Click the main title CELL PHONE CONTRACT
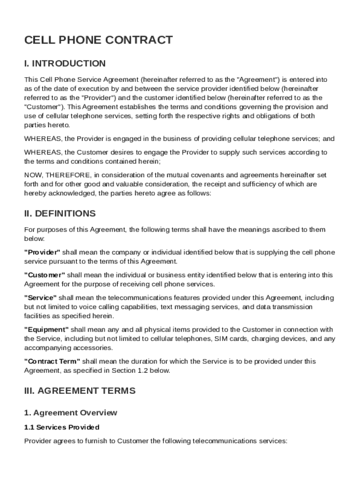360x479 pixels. (98, 40)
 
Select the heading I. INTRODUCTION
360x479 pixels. (65, 64)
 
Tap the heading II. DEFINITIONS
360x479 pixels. (60, 214)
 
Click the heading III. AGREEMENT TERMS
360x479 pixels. (80, 391)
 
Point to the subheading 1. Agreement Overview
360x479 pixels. (71, 413)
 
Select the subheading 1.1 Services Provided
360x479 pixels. (62, 427)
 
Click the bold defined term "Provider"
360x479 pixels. (43, 253)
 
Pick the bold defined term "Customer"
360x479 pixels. (44, 275)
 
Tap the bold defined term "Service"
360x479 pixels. (40, 298)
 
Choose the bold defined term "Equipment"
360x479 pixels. (46, 329)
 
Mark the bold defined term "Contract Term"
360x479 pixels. (52, 361)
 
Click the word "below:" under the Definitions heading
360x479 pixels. (34, 239)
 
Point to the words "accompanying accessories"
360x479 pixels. (68, 348)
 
